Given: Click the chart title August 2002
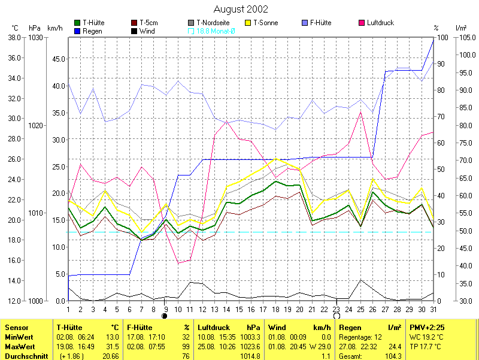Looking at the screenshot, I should [x=241, y=10].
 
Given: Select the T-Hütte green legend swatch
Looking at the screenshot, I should [x=77, y=23].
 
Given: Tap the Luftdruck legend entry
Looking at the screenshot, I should [x=380, y=23].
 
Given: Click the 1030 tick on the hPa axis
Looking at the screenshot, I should [x=35, y=38].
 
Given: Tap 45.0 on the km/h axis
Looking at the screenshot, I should [x=57, y=59].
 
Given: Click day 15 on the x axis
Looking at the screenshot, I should [x=239, y=309].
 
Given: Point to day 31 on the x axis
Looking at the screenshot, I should [x=433, y=309].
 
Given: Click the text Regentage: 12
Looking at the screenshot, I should [x=360, y=337].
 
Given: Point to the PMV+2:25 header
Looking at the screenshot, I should [x=426, y=328].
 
